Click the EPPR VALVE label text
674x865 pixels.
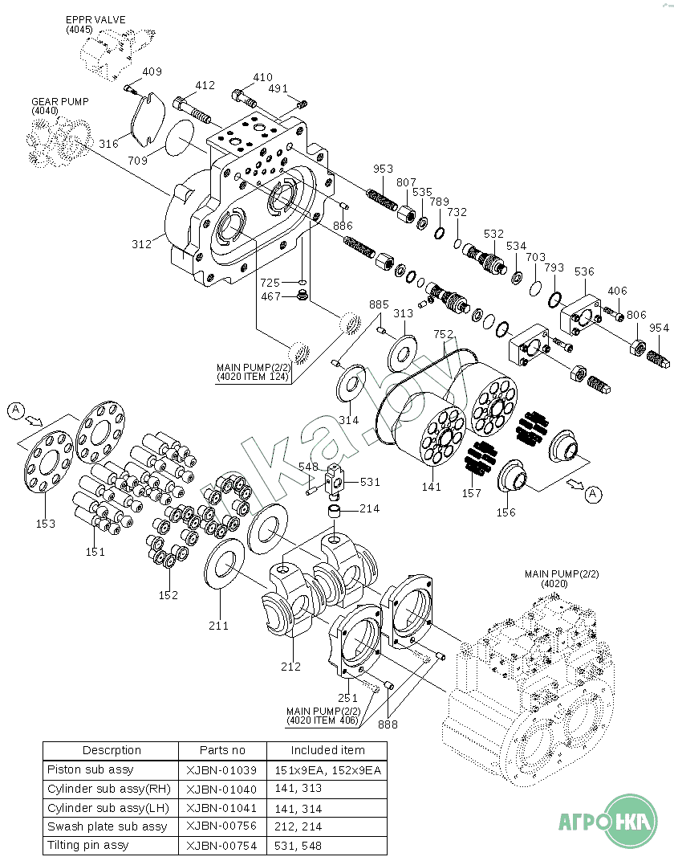(x=95, y=20)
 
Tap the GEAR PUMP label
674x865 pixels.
(x=59, y=101)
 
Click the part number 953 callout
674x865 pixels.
(x=383, y=169)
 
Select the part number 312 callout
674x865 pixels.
(x=141, y=244)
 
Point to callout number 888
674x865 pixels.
(x=388, y=724)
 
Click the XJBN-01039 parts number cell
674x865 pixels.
(x=221, y=770)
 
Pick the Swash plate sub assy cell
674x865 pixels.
(x=107, y=826)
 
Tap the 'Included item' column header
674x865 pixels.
(x=327, y=750)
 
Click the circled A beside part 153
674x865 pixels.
(x=16, y=410)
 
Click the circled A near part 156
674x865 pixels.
(x=593, y=494)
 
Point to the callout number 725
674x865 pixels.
(x=270, y=283)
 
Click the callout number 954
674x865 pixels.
(x=659, y=328)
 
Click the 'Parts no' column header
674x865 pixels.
(x=222, y=750)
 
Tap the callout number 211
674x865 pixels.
(x=218, y=626)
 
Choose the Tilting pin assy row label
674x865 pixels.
(x=87, y=845)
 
